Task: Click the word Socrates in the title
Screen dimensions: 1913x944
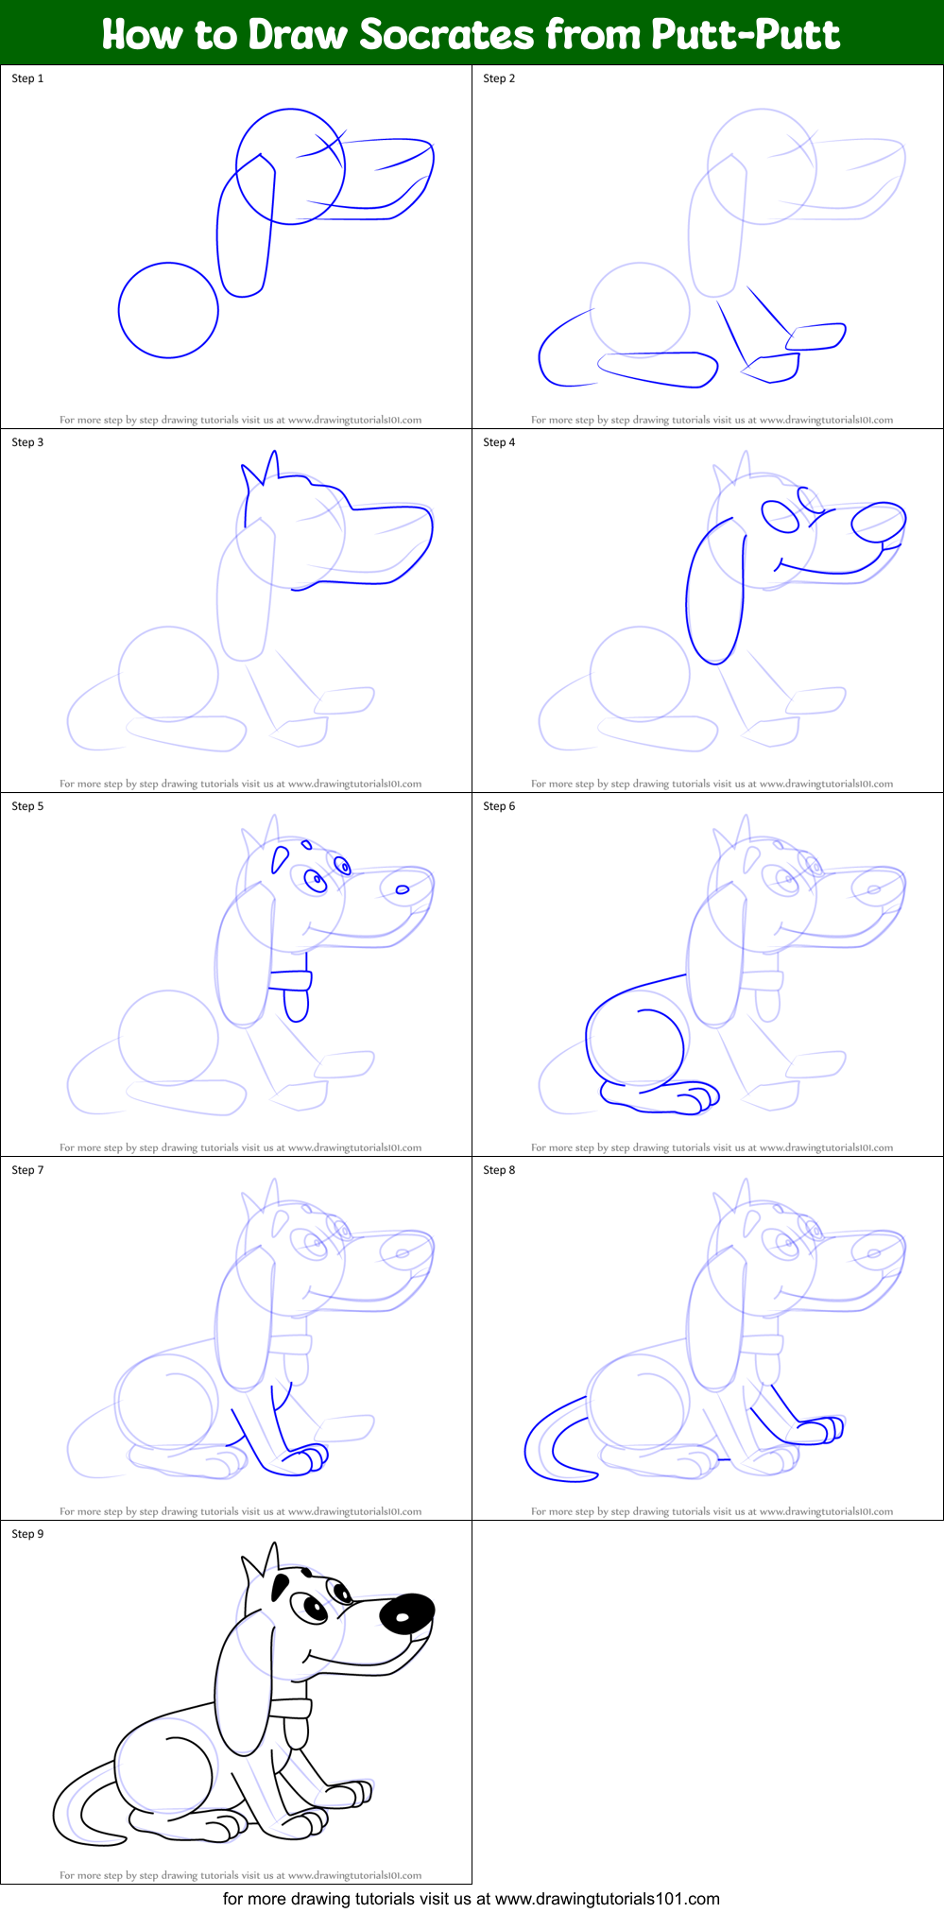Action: tap(446, 35)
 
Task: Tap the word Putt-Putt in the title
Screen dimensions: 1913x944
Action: tap(746, 35)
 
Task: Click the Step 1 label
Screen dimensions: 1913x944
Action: tap(27, 78)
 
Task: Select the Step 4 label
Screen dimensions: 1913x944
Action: tap(499, 442)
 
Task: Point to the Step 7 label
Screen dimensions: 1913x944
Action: tap(27, 1170)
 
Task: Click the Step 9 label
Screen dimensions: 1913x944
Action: tap(27, 1534)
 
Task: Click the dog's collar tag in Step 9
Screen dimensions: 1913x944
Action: tap(296, 1732)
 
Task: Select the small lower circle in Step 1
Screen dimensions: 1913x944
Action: tap(168, 310)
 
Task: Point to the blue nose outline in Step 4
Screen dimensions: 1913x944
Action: tap(879, 522)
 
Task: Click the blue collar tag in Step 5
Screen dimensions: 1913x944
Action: tap(296, 1005)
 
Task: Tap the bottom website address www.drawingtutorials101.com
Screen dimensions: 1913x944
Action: tap(607, 1899)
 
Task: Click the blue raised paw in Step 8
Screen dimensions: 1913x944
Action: tap(818, 1430)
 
